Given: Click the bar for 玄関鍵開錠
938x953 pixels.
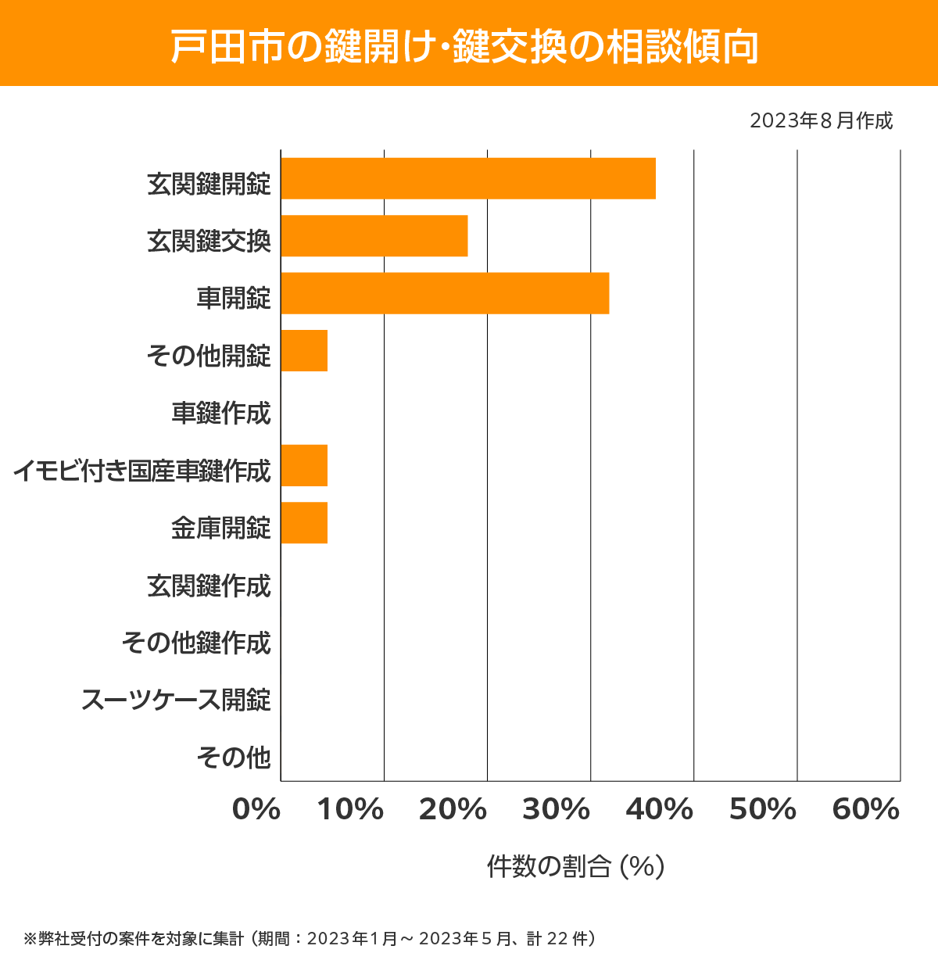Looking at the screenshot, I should (467, 178).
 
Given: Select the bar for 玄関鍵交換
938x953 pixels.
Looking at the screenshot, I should (374, 235).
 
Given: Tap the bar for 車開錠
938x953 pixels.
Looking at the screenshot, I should (444, 293).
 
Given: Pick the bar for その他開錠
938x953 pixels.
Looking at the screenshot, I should (304, 350).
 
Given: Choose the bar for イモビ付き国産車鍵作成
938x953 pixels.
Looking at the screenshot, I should (304, 465).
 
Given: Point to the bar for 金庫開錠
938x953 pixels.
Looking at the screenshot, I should (304, 522).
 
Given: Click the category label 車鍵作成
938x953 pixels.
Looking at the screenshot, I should (221, 413).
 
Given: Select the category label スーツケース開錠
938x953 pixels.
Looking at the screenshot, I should (177, 700).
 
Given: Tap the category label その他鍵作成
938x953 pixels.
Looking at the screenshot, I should (196, 643).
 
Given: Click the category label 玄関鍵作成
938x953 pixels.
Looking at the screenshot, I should (209, 586).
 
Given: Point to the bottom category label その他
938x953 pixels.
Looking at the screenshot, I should (234, 757).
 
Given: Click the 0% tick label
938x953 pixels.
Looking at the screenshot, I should (256, 810).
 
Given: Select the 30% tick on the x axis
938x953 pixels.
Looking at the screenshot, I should (556, 810).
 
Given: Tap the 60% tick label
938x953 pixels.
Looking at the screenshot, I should (866, 810).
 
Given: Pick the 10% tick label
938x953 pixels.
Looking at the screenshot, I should (349, 810).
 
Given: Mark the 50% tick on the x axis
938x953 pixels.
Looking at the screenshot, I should (762, 810).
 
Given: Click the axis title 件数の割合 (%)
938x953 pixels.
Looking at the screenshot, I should (575, 866).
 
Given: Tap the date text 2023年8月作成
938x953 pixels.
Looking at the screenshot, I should (821, 121).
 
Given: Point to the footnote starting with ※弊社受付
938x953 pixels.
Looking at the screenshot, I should (310, 938).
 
